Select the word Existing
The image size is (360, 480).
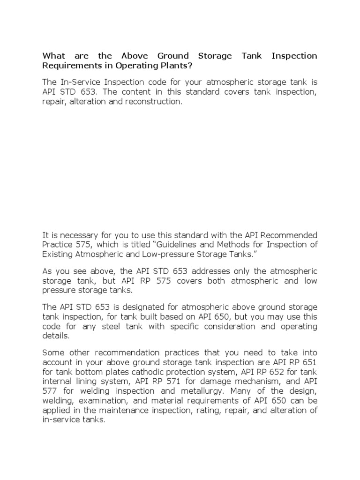coord(56,254)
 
